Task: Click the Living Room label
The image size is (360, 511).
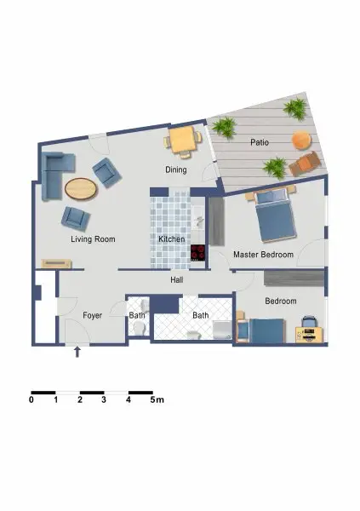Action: [x=92, y=239]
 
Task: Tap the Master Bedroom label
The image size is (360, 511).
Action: [x=263, y=255]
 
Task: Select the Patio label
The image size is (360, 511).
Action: [x=260, y=142]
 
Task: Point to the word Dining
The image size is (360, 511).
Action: [x=176, y=169]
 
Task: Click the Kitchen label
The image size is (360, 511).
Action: [x=171, y=239]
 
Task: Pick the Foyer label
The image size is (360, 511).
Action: [x=92, y=315]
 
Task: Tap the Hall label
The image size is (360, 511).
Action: [x=177, y=279]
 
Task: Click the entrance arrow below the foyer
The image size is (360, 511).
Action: [x=78, y=350]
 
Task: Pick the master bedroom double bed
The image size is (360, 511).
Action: [x=275, y=214]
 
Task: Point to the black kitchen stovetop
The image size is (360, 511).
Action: [x=198, y=253]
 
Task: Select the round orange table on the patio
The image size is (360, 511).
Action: [x=301, y=139]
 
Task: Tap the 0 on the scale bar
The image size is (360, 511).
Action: [x=31, y=399]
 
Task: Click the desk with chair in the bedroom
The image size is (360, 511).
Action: [x=310, y=330]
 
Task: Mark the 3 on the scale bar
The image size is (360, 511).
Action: [x=104, y=399]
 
